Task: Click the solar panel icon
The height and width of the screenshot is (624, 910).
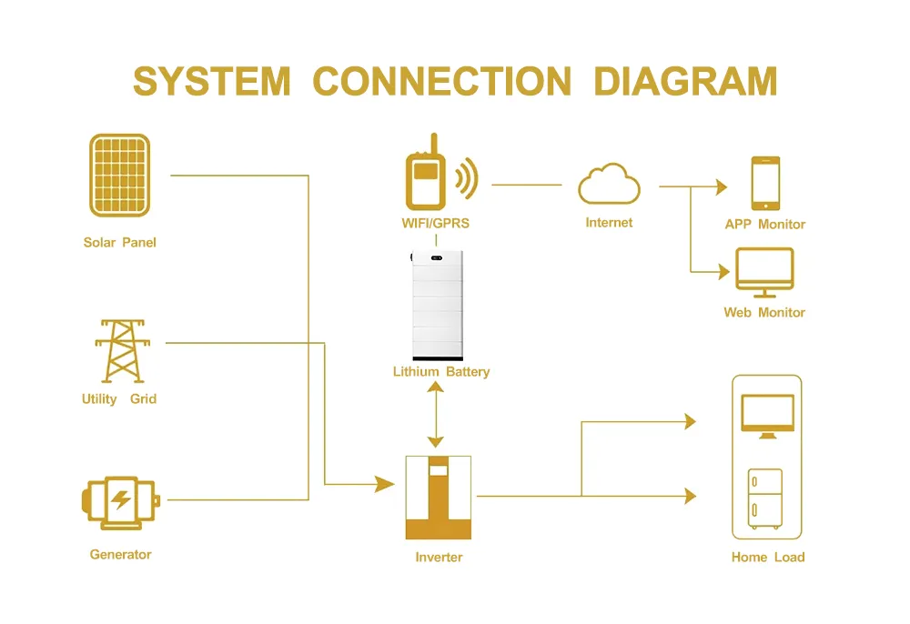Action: point(119,176)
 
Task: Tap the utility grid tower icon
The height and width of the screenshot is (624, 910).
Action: point(118,350)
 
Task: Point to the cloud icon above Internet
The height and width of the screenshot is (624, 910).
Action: point(609,184)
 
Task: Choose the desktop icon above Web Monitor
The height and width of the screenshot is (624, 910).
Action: point(764,272)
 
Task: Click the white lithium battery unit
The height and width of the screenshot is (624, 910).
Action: point(438,304)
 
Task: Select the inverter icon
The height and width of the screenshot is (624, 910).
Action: point(439,498)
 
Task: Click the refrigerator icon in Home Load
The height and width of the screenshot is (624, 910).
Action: point(765,498)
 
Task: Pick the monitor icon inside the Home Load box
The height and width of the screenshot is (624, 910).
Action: point(767,416)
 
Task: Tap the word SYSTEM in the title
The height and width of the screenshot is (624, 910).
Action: point(211,81)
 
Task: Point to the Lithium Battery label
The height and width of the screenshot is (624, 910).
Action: point(441,372)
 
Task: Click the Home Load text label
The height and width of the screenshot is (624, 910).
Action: point(768,557)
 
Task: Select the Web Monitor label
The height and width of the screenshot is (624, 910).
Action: point(764,312)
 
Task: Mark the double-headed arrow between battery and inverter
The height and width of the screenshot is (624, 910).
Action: point(436,415)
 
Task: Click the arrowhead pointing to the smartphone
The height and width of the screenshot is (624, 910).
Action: point(722,186)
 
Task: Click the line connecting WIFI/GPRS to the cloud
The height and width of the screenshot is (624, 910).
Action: point(527,185)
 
